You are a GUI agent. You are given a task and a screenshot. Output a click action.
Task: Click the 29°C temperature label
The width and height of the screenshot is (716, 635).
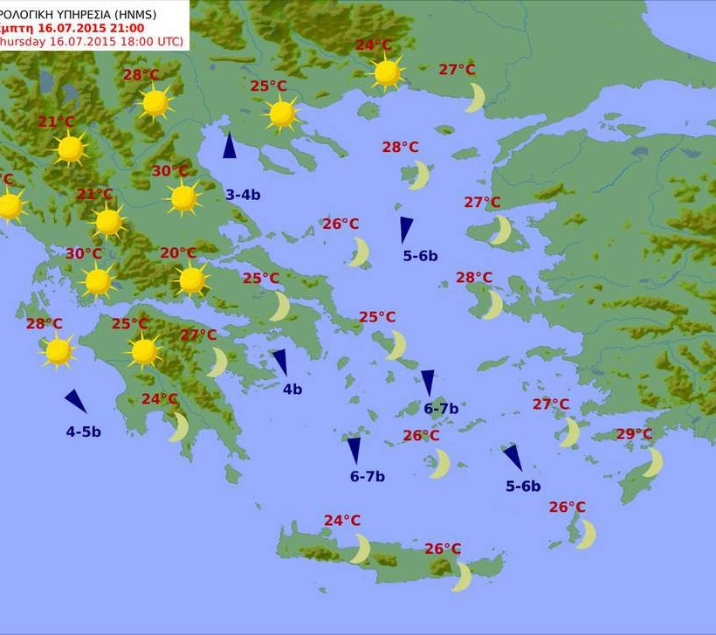pyautogui.click(x=634, y=434)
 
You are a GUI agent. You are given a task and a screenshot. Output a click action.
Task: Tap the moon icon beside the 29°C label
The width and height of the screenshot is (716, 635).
pyautogui.click(x=653, y=462)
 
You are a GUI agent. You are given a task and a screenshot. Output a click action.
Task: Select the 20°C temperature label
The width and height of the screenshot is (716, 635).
pyautogui.click(x=178, y=253)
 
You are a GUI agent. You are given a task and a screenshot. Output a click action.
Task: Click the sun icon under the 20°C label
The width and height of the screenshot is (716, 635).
pyautogui.click(x=191, y=280)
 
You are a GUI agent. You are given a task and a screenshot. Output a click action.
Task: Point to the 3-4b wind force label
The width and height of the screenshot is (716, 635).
pyautogui.click(x=243, y=195)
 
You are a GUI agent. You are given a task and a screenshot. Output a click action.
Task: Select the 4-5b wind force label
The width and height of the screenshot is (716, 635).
pyautogui.click(x=84, y=431)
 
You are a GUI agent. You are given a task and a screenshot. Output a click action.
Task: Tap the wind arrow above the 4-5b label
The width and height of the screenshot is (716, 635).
pyautogui.click(x=76, y=401)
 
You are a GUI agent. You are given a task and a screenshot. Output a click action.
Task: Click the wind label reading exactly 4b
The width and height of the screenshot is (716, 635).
pyautogui.click(x=292, y=390)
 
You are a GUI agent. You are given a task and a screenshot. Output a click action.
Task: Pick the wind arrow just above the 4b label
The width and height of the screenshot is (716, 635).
pyautogui.click(x=279, y=362)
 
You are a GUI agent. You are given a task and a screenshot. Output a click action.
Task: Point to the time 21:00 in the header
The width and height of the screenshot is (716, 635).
pyautogui.click(x=99, y=27)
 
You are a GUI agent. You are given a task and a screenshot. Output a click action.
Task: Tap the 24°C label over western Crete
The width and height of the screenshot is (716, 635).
pyautogui.click(x=342, y=521)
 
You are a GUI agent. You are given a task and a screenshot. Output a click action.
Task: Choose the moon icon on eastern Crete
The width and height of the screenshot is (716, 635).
pyautogui.click(x=462, y=576)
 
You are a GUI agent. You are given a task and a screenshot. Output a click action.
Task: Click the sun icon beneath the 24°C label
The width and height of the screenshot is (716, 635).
pyautogui.click(x=386, y=72)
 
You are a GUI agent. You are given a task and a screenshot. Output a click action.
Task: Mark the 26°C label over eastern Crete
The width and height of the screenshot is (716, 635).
pyautogui.click(x=443, y=549)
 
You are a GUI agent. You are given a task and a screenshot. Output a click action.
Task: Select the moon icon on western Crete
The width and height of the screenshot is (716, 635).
pyautogui.click(x=361, y=549)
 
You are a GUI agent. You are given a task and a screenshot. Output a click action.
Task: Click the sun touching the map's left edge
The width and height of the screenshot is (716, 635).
pyautogui.click(x=9, y=206)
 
